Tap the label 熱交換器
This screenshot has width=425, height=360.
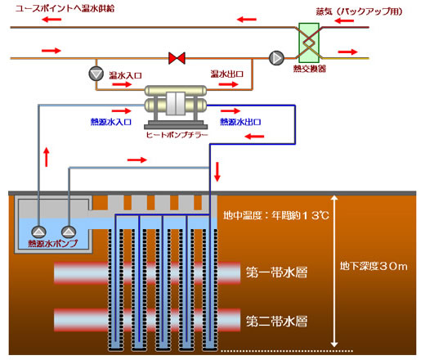[x=311, y=69]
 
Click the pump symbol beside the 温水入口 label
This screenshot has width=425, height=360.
[x=97, y=74]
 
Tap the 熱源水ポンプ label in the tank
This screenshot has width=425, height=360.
[x=56, y=244]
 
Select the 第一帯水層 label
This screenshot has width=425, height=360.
[x=276, y=271]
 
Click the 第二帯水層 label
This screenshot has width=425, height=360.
[x=276, y=319]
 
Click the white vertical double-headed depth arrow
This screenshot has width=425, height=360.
[x=333, y=270]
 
